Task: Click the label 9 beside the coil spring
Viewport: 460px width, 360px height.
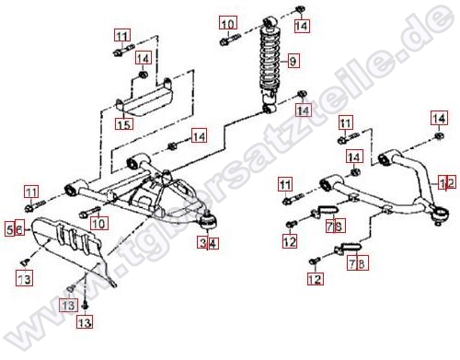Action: coord(293,61)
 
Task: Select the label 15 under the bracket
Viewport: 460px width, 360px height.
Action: coord(124,123)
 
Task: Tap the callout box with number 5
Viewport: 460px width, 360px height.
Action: coord(9,228)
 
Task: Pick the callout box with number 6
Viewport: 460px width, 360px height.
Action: coord(19,228)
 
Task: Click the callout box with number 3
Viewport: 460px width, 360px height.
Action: coord(202,243)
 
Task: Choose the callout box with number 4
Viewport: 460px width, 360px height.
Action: coord(213,243)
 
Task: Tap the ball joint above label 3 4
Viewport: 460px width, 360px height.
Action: coord(209,221)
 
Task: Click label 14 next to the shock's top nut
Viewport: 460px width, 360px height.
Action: coord(302,25)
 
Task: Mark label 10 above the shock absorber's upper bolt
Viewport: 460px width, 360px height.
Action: coord(228,23)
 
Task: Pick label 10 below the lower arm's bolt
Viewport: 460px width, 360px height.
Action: coord(98,224)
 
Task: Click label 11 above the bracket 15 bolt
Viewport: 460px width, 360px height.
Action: coord(122,36)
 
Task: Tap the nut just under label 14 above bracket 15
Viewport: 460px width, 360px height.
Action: coord(143,75)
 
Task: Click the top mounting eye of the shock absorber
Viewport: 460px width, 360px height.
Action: coord(269,22)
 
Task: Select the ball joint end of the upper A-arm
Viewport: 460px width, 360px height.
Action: coord(441,215)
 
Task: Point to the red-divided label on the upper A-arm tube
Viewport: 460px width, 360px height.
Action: coord(447,181)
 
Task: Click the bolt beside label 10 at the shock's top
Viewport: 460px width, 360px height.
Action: coord(230,41)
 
